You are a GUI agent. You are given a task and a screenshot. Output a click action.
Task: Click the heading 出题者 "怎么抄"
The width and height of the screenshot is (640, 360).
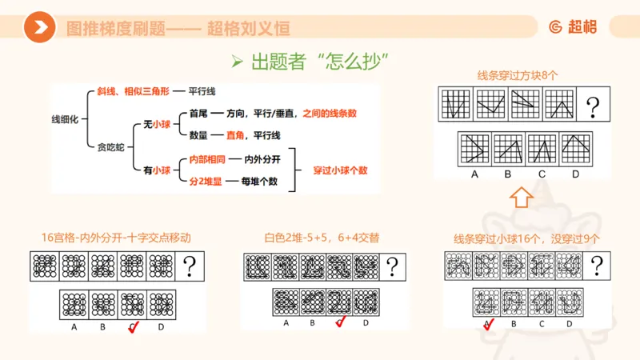[318, 62]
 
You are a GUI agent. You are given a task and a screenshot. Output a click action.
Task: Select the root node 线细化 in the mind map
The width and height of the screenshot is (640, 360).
[66, 118]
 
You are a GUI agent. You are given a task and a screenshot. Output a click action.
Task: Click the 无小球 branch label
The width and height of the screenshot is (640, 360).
[155, 124]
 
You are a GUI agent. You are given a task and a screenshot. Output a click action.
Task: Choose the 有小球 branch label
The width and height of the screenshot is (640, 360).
[155, 170]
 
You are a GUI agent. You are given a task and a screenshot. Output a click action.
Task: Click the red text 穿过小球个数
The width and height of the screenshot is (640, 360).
[340, 170]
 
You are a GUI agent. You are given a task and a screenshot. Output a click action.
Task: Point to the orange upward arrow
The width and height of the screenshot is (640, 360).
[520, 195]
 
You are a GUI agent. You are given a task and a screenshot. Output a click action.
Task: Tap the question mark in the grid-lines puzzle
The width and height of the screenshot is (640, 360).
[593, 105]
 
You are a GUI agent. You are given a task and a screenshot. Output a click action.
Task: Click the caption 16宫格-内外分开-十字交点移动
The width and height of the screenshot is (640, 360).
[116, 238]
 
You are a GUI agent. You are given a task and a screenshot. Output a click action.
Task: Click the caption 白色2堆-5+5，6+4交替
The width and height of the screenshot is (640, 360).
[322, 238]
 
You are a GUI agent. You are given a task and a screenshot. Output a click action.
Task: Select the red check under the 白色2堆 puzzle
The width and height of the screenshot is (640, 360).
[339, 322]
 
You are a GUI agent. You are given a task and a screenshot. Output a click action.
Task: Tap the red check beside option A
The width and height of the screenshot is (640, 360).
[489, 323]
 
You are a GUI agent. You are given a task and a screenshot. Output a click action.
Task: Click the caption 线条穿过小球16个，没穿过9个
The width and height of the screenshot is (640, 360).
[526, 238]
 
